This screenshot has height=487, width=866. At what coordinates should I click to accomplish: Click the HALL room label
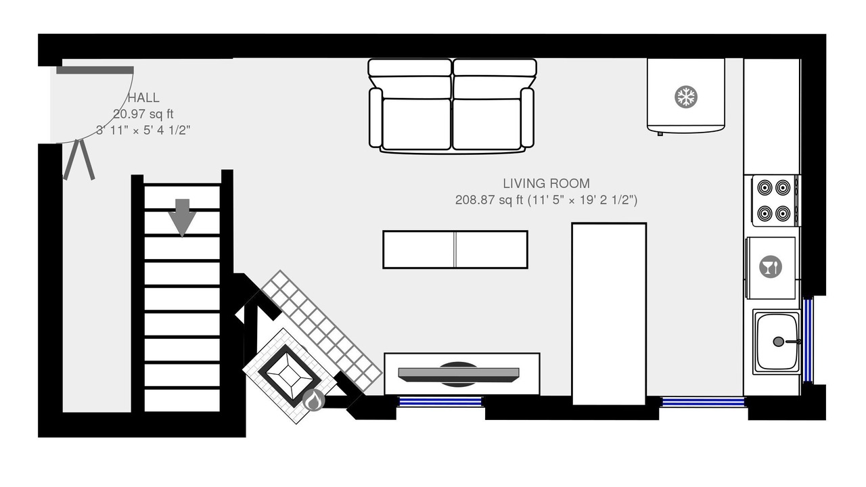pos(143,98)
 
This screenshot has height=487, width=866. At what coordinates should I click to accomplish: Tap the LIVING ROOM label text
pos(546,183)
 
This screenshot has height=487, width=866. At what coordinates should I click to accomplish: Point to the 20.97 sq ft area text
pos(143,114)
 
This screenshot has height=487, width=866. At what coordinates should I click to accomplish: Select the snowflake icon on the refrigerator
pos(686,97)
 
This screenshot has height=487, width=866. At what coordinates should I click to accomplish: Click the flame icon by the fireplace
pos(313,400)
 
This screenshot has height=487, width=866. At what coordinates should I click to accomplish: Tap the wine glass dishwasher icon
pos(771,266)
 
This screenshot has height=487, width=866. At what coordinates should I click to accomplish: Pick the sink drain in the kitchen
pos(779,342)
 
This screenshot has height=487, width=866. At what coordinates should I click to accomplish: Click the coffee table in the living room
pos(455,250)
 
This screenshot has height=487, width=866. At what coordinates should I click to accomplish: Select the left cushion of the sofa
pos(417,124)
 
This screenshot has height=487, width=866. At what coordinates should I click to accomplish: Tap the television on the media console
pos(459,375)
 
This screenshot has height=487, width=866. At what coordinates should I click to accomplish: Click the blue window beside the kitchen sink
pos(808,340)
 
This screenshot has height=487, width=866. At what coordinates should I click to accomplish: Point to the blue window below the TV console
pos(440,402)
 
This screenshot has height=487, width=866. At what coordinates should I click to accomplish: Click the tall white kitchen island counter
pos(610,314)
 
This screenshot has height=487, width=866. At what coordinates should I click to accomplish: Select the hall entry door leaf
pos(95,70)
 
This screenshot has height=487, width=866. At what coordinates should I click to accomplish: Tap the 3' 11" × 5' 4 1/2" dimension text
pos(143,131)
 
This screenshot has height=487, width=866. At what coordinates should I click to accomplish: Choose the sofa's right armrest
pos(527,118)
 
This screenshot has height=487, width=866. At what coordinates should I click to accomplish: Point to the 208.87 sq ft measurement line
pos(546,200)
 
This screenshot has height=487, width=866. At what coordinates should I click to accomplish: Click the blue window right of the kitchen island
pos(704,402)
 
